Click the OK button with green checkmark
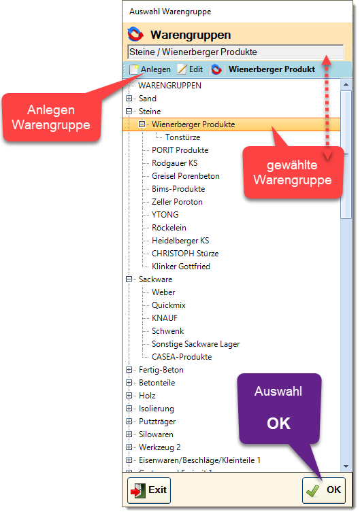point(323,490)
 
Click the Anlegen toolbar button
point(150,69)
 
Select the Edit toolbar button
point(191,69)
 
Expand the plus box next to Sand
point(129,99)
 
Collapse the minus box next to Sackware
point(129,279)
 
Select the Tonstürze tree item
point(182,137)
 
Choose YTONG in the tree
point(165,215)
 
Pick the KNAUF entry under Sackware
point(165,318)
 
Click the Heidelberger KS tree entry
point(180,241)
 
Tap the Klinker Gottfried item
point(181,267)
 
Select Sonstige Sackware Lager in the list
point(195,344)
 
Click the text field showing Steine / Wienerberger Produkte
point(235,52)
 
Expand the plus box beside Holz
point(129,396)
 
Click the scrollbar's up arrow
point(346,84)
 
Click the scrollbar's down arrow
point(346,466)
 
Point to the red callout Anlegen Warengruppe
point(51,118)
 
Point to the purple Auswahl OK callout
point(278,408)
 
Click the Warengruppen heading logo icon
point(135,35)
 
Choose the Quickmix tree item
point(169,305)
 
